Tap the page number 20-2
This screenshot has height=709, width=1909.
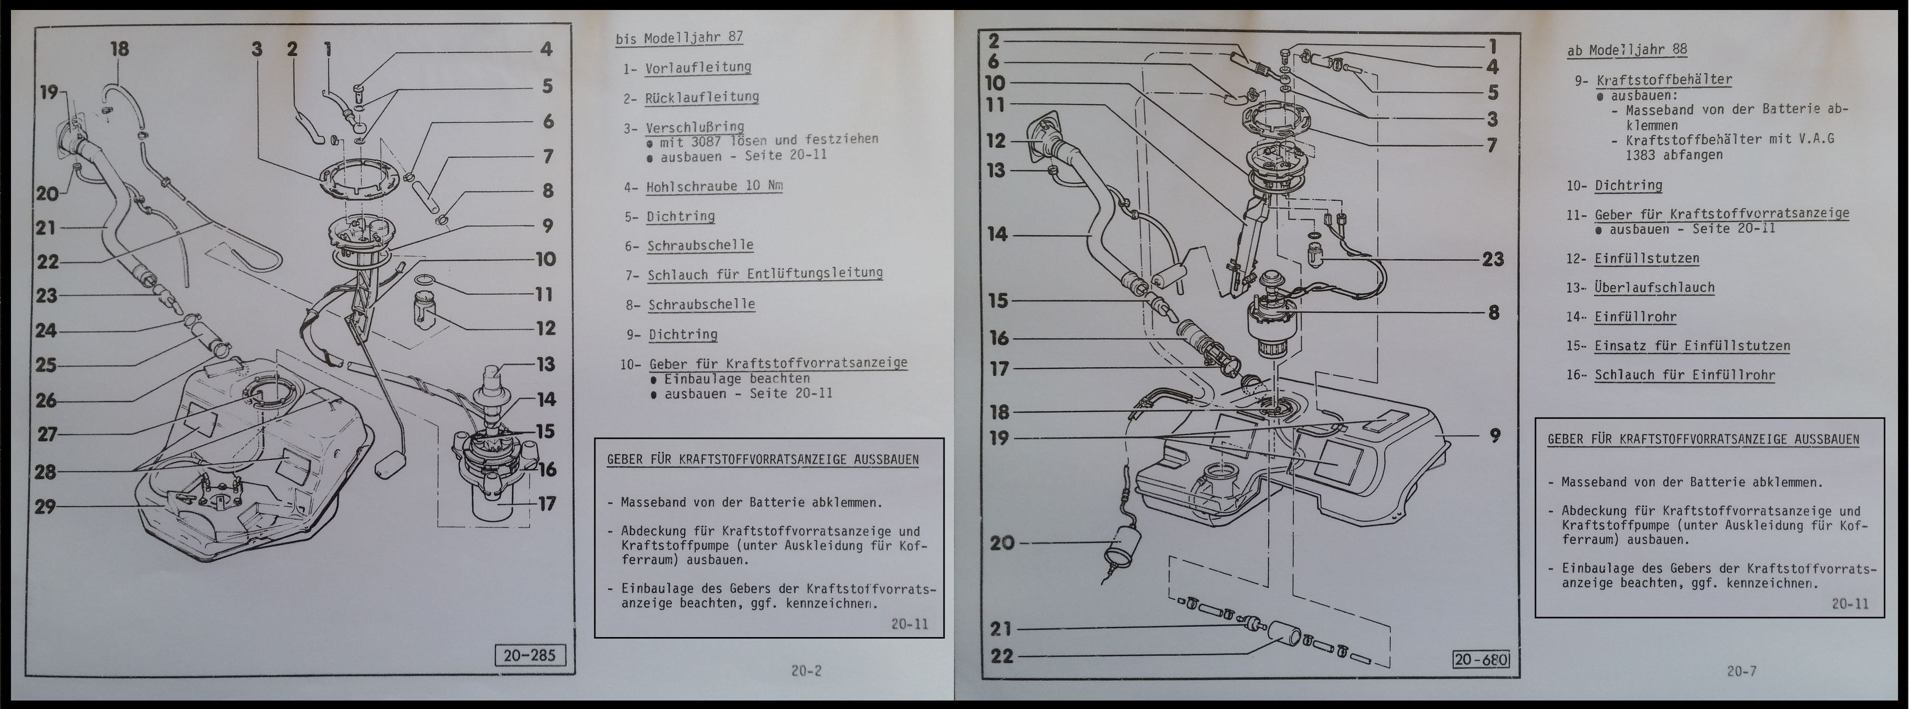[x=806, y=671]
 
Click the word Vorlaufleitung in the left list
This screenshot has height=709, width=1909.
[x=698, y=67]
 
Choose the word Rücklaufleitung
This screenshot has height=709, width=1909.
[x=702, y=97]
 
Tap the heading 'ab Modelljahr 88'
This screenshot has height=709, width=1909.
[x=1627, y=50]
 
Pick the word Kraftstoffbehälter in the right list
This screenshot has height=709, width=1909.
[x=1664, y=79]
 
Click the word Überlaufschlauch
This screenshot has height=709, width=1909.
[x=1654, y=287]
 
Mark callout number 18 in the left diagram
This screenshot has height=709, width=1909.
[x=119, y=49]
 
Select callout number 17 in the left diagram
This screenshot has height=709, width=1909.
[x=547, y=504]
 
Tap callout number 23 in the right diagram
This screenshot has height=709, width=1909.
[x=1493, y=259]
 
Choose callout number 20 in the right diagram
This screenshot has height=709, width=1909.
[x=1002, y=543]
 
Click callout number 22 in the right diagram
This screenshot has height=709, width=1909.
[x=1002, y=656]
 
